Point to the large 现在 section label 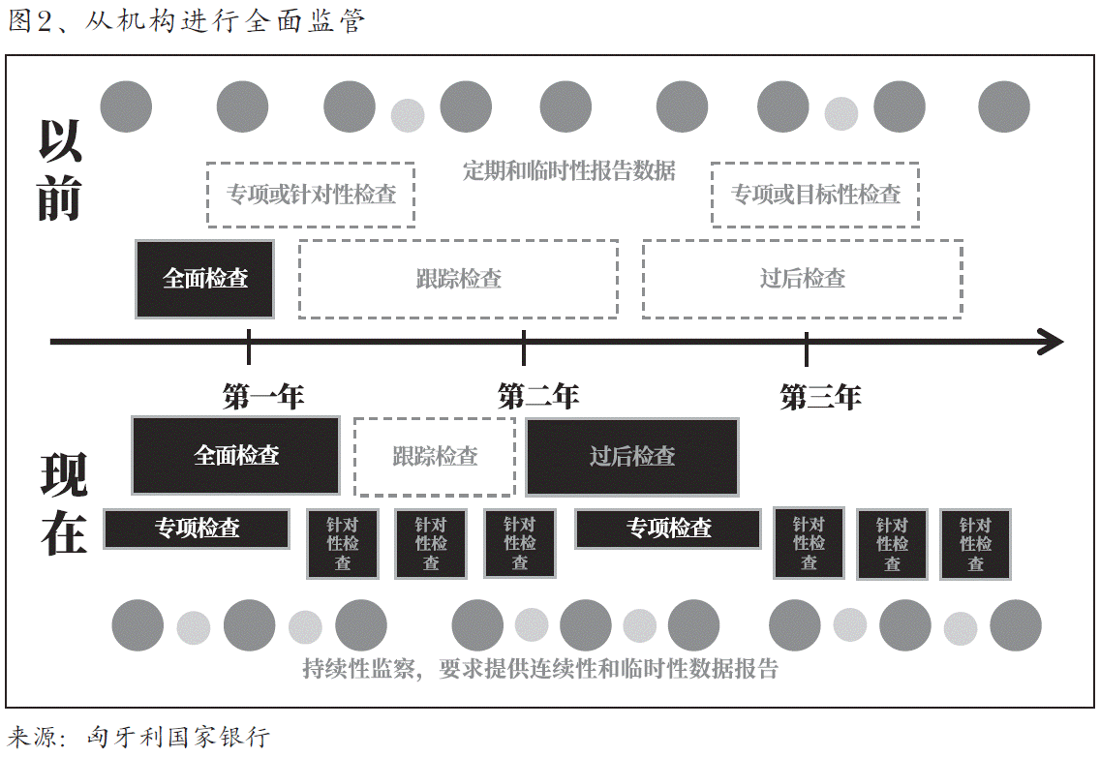tap(64, 504)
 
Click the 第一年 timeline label tap(263, 396)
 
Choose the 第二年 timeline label tap(538, 396)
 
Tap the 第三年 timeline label tap(820, 397)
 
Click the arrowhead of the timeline tap(1052, 341)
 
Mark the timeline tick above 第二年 tap(524, 346)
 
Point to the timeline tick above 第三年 tap(807, 346)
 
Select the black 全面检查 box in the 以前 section tap(204, 279)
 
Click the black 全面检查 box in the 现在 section tap(235, 456)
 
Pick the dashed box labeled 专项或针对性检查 tap(311, 195)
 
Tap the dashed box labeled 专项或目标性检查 tap(814, 195)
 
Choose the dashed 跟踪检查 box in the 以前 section tap(458, 279)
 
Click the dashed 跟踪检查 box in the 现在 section tap(434, 457)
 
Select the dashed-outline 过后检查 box tap(802, 279)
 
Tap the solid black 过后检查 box tap(631, 457)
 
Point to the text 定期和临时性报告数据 tap(568, 171)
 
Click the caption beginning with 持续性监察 tap(540, 669)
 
